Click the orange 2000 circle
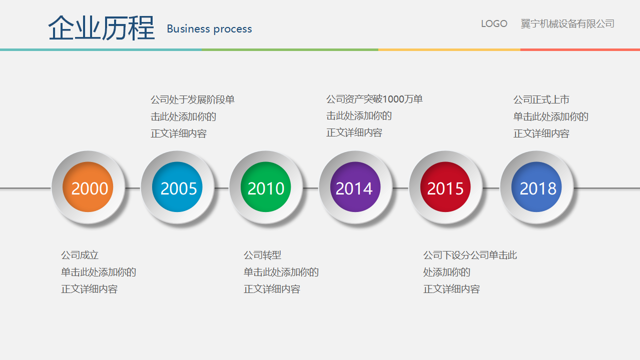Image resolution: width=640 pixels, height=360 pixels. (x=88, y=187)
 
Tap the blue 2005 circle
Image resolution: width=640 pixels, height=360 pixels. (x=177, y=187)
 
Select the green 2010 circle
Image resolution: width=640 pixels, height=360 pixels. (x=266, y=187)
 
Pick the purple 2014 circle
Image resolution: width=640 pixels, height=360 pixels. (x=355, y=187)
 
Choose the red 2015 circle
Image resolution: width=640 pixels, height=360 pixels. (x=445, y=187)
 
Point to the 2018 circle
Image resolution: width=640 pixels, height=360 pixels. (x=536, y=187)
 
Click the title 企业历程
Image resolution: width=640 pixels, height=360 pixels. (x=102, y=28)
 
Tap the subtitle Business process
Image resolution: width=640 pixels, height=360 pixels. (x=210, y=29)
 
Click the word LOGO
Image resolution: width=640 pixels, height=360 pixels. (x=494, y=23)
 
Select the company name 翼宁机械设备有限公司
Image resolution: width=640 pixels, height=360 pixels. (x=567, y=23)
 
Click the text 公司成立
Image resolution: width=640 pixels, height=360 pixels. (x=80, y=255)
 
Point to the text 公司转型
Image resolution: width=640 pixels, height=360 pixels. (x=262, y=255)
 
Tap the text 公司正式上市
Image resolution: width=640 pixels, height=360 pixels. (x=541, y=99)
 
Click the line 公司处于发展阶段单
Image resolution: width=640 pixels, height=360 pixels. (x=193, y=99)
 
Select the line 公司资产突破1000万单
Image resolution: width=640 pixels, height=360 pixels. (x=374, y=99)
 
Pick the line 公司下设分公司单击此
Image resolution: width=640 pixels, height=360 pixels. (x=470, y=255)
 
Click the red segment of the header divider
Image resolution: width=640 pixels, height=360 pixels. (x=580, y=49)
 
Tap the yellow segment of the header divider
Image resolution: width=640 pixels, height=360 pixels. (x=449, y=49)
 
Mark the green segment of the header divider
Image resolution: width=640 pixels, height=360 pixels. (x=290, y=49)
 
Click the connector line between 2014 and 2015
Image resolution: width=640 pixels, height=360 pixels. (x=401, y=188)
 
